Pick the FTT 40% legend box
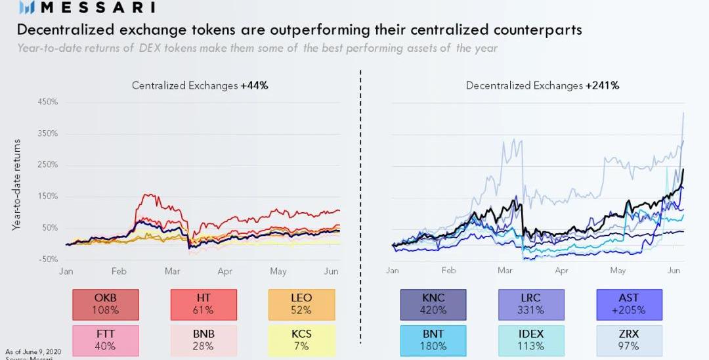[106, 340]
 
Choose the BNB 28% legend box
[204, 340]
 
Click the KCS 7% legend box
[301, 340]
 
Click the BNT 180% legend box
[433, 340]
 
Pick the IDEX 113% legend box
[530, 340]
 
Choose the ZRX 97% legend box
[628, 340]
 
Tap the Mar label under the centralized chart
[172, 271]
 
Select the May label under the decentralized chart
[618, 271]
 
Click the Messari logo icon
[27, 8]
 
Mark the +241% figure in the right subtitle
[603, 85]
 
